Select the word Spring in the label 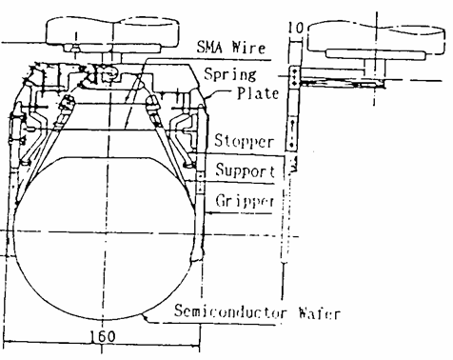tap(230, 74)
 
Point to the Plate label tap(258, 93)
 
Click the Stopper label tap(244, 141)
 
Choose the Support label tap(246, 170)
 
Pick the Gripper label tap(245, 201)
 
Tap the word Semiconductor tap(230, 311)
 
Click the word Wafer tap(319, 313)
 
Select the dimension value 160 tap(103, 336)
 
